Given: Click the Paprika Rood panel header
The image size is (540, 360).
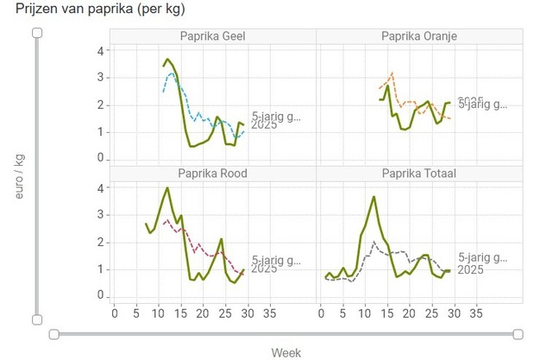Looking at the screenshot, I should pos(213,173).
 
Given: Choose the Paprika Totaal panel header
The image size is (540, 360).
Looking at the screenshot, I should pos(419,173).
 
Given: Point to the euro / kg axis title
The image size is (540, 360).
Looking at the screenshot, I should pos(18,177).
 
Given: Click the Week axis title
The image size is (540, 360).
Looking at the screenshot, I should pos(286,352).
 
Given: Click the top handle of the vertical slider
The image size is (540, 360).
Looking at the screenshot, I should pos(37,33).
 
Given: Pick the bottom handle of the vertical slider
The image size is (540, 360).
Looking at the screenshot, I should pos(37,319).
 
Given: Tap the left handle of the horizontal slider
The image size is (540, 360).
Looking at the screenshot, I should pos(53,334).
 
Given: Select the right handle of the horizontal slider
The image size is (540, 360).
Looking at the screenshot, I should pos(518,334).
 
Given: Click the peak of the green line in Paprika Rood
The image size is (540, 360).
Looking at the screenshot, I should pos(167,188).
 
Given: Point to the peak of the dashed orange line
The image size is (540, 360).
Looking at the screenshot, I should pos(392,73).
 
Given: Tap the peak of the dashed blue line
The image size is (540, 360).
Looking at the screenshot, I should pos(172,73).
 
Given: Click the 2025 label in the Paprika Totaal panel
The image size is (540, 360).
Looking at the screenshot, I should pos(470,270).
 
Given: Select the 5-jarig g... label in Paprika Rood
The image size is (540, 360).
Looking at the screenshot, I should pos(276,259).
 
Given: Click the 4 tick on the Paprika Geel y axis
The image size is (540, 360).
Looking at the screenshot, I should pos(100,51).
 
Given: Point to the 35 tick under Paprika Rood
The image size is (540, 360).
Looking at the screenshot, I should pos(269,313).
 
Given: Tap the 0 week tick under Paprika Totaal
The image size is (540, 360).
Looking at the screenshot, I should pos(321,313).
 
